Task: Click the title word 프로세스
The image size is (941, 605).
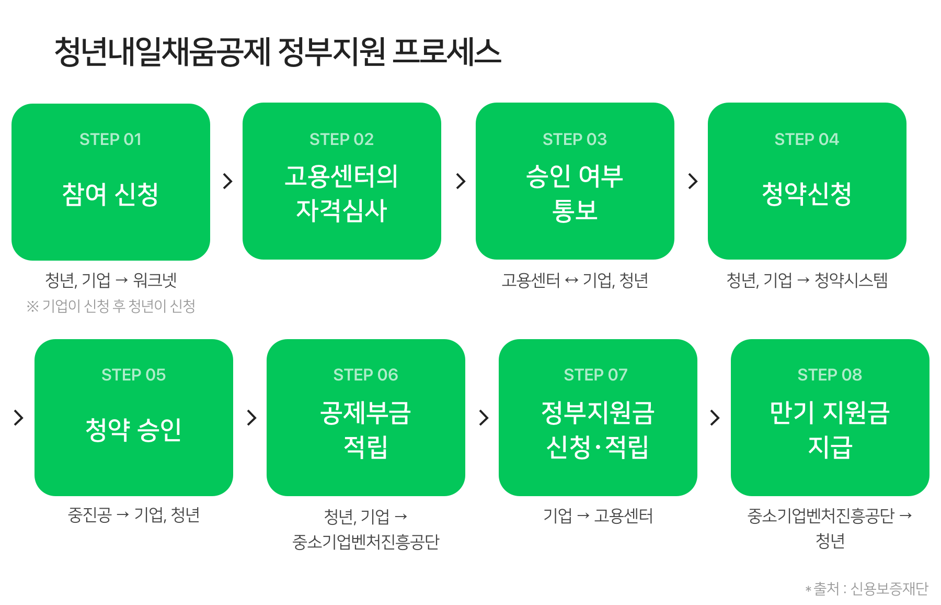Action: click(x=446, y=52)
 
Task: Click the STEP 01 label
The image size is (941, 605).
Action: click(x=110, y=139)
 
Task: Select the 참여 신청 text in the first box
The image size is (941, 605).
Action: click(x=110, y=194)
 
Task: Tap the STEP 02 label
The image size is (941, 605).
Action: click(x=341, y=139)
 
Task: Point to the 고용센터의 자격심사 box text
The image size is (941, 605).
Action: click(x=341, y=193)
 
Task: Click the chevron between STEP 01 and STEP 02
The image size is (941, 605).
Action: click(x=227, y=181)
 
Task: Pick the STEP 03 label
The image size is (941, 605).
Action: click(x=575, y=139)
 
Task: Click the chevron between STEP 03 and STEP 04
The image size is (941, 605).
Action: click(x=693, y=181)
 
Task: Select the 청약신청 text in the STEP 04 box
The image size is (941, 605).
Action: click(x=807, y=194)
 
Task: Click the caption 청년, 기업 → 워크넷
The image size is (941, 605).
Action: click(x=111, y=280)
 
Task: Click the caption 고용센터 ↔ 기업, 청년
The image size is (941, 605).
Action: click(x=575, y=280)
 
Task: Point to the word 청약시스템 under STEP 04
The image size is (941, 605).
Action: click(x=851, y=280)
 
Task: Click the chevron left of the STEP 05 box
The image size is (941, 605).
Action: click(x=18, y=418)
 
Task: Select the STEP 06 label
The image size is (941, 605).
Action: click(x=365, y=375)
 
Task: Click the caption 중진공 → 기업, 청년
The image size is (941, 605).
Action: click(x=134, y=515)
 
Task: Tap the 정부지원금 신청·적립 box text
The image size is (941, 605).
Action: click(x=598, y=430)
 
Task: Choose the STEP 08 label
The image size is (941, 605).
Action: click(x=830, y=375)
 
